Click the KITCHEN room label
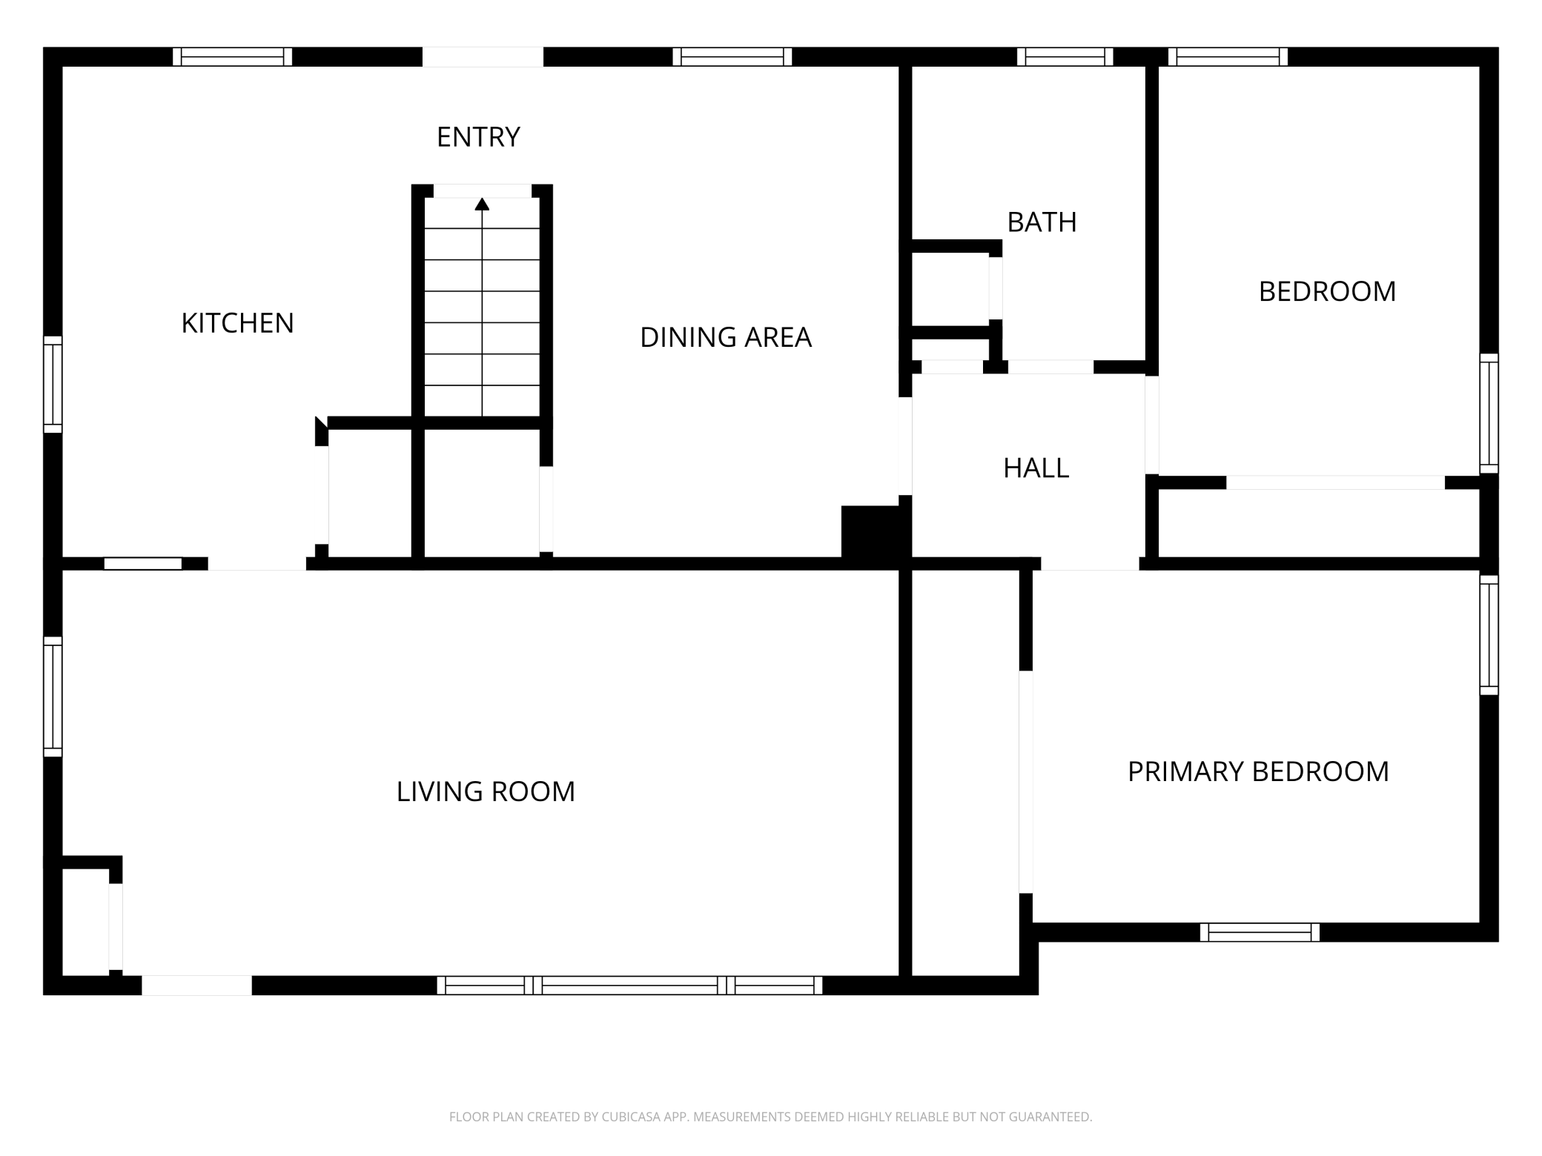(x=237, y=323)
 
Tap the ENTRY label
(x=478, y=137)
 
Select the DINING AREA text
(x=726, y=337)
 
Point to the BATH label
(x=1042, y=222)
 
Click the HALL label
(x=1036, y=468)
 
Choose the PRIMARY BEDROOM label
(x=1258, y=772)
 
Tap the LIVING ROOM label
(x=486, y=791)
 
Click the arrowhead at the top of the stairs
(x=482, y=204)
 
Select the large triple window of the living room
(x=629, y=985)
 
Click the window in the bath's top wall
(x=1065, y=57)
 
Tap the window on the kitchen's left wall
(x=53, y=384)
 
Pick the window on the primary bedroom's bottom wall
(x=1260, y=932)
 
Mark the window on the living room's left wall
(x=53, y=697)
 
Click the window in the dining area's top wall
(x=732, y=57)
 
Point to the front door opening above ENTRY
(x=483, y=57)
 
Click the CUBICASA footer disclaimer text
(x=771, y=1117)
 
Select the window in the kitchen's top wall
(x=232, y=57)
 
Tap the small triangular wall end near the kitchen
(x=321, y=424)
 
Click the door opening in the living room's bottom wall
(x=196, y=985)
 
